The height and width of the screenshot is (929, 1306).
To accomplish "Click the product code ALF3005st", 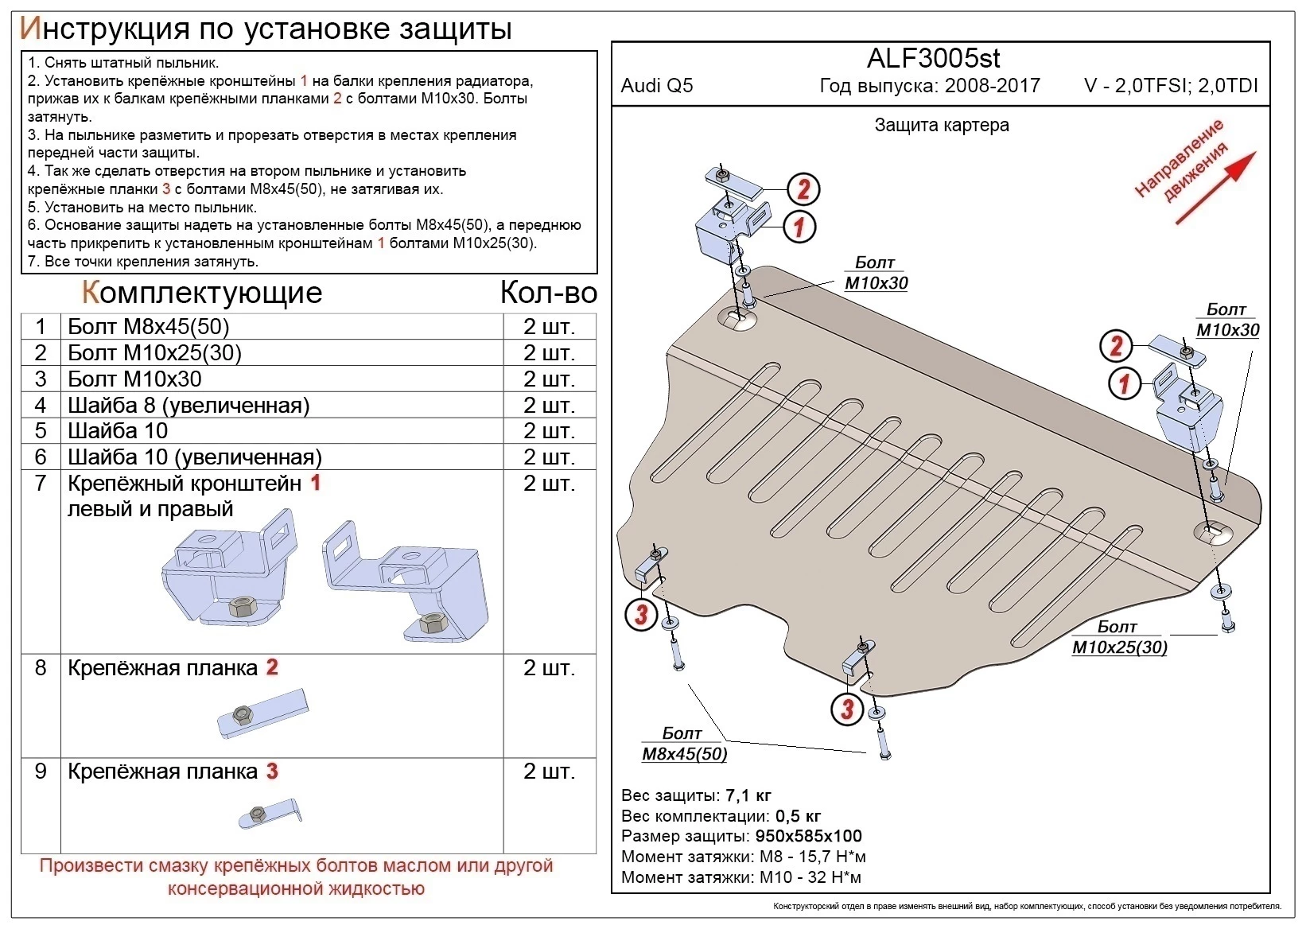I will tap(933, 58).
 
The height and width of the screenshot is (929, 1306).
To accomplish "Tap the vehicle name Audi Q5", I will tap(656, 86).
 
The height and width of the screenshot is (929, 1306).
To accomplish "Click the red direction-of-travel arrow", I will tap(1215, 188).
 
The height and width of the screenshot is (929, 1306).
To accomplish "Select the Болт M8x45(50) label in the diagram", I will tap(684, 744).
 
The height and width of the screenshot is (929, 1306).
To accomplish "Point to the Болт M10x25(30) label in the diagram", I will tap(1119, 638).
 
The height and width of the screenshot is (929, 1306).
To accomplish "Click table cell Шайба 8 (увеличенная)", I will tap(189, 405).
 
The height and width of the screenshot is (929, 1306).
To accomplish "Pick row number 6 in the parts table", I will tap(41, 457).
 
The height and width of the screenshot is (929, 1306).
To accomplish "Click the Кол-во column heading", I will tap(548, 293).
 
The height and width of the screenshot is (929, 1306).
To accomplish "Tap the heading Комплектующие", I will tap(202, 293).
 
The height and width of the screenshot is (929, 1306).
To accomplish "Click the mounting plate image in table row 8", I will tap(262, 713).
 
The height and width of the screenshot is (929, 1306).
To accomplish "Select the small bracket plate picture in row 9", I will tap(270, 814).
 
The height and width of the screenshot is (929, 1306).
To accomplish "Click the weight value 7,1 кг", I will tap(748, 795).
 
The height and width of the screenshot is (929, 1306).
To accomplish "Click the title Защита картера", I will tap(942, 125).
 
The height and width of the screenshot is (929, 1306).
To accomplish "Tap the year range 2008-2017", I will tap(992, 86).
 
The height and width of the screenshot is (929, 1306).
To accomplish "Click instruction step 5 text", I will tap(142, 208).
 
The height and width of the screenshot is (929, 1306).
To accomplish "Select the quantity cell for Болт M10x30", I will tap(549, 379).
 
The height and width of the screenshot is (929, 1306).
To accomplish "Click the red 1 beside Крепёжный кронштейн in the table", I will tap(315, 483).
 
